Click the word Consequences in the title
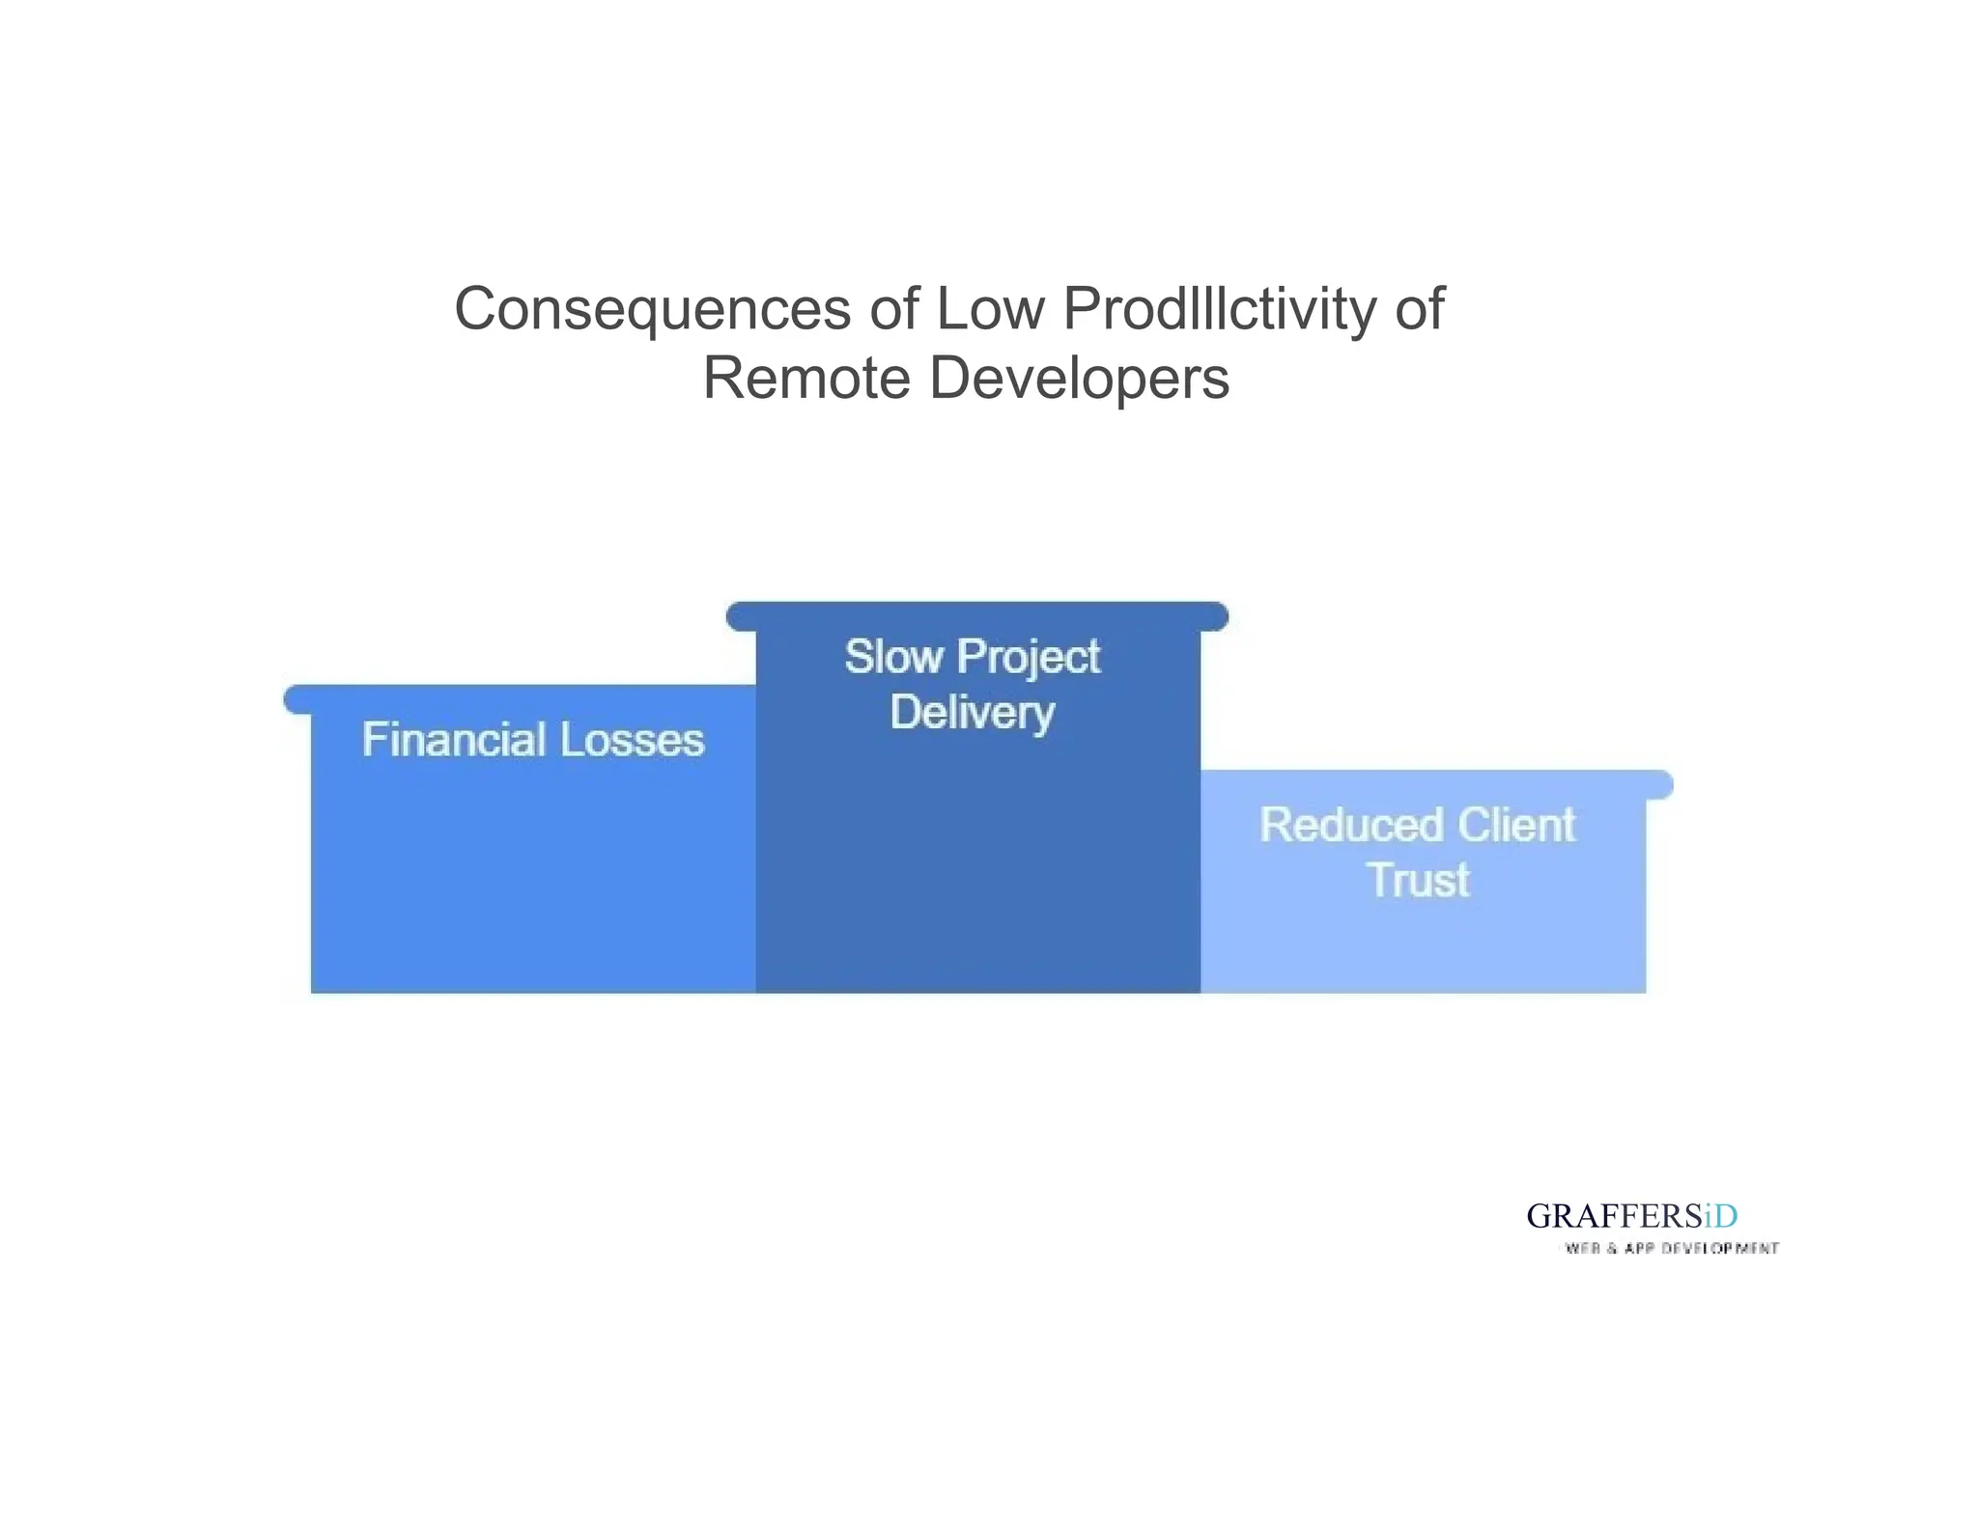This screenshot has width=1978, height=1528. coord(652,310)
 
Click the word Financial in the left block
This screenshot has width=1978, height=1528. coord(454,741)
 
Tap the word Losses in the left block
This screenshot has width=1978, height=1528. coord(632,741)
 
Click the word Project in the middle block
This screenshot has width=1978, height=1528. coord(1029,659)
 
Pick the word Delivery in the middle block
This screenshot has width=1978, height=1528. coord(972,714)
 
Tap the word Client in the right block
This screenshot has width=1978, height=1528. coord(1516,826)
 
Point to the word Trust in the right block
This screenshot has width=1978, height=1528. coord(1418,881)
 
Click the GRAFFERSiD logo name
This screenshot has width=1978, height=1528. coord(1631,1216)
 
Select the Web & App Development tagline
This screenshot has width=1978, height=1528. coord(1671,1249)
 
